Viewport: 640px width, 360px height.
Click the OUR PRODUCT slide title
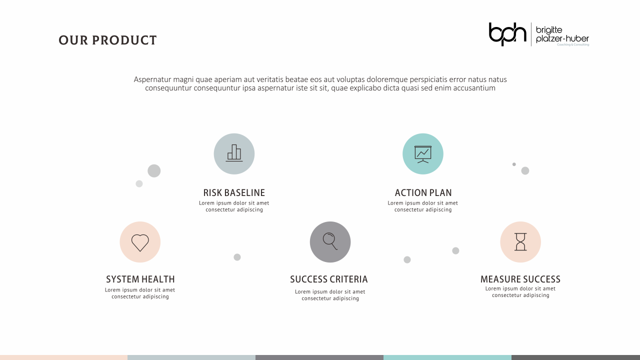point(107,40)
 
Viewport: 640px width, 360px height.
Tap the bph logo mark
point(507,34)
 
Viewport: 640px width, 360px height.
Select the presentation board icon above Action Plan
point(423,153)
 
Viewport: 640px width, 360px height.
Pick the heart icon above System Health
point(140,242)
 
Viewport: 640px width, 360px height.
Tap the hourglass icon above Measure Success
point(520,242)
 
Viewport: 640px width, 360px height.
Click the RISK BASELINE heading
point(234,193)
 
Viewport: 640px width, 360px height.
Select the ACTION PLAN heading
point(423,193)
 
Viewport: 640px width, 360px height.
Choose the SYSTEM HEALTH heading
point(140,279)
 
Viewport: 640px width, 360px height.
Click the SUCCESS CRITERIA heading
point(329,279)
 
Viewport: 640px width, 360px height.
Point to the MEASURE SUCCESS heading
point(520,279)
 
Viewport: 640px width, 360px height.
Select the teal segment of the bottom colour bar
point(447,357)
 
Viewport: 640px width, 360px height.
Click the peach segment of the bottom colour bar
point(63,357)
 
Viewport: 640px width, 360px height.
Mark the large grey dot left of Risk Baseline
point(154,171)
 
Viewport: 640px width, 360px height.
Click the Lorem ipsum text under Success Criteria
point(330,295)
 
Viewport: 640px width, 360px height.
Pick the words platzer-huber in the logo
point(562,39)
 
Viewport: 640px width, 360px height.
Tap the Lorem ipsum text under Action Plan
point(423,206)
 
